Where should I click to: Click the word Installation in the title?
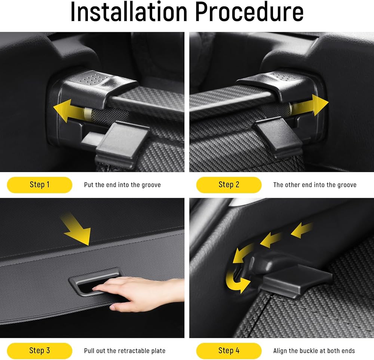tap(129, 12)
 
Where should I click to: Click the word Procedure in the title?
tap(249, 12)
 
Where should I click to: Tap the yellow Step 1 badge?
tap(40, 185)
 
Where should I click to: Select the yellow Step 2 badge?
tap(229, 185)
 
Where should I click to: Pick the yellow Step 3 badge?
tap(40, 351)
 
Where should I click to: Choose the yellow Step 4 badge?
tap(229, 351)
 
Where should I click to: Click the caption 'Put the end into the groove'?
tap(122, 185)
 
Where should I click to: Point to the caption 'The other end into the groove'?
tap(315, 185)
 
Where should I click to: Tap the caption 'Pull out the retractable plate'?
tap(125, 351)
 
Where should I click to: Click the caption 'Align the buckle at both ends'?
tap(314, 351)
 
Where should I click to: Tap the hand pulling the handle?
tap(138, 292)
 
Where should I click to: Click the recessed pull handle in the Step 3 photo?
tap(95, 281)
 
